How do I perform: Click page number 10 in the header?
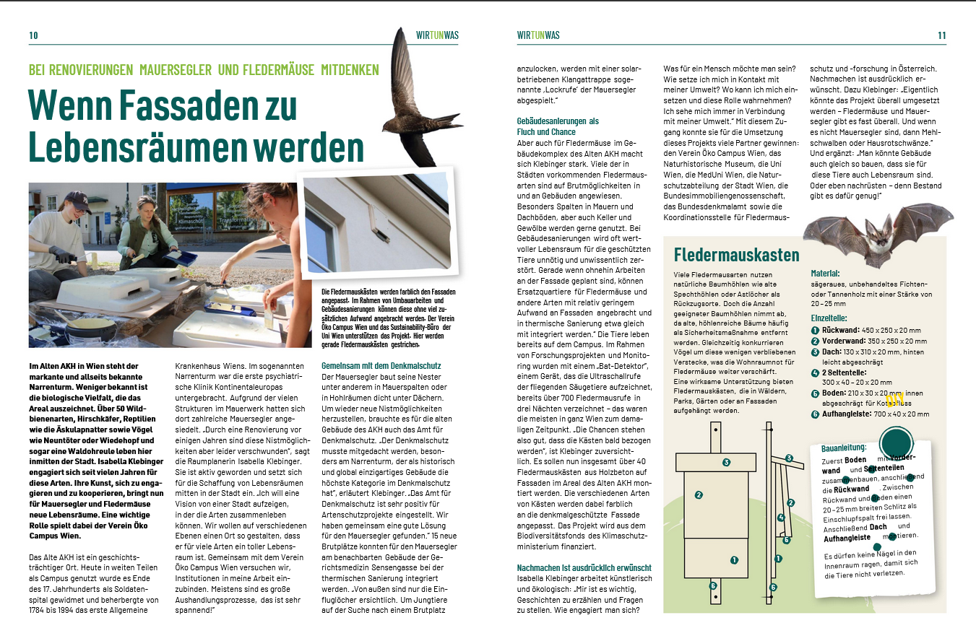33,35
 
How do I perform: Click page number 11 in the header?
941,35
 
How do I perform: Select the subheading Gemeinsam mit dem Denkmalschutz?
381,366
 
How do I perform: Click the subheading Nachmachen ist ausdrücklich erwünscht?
584,567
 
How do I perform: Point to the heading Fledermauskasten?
736,255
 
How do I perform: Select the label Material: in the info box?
825,274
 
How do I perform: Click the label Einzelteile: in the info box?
829,318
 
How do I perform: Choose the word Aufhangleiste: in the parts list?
846,414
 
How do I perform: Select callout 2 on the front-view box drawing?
699,495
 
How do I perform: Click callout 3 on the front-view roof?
789,458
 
